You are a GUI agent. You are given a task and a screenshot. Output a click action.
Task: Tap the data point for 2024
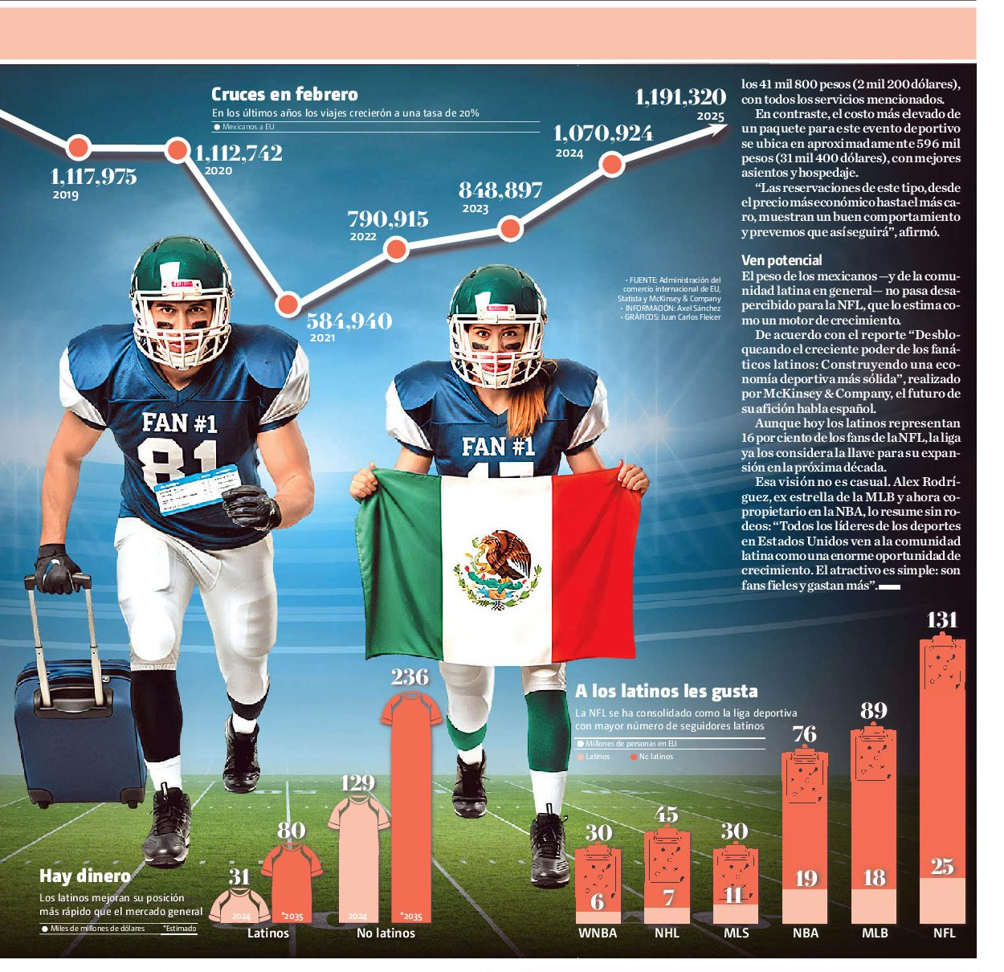[x=611, y=165]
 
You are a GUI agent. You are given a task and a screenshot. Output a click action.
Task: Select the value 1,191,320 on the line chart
[x=680, y=97]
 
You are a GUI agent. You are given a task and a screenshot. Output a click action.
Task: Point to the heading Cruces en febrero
[x=284, y=95]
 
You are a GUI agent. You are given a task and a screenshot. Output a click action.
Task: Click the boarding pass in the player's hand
[x=198, y=489]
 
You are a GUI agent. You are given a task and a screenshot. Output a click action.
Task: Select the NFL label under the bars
[x=944, y=933]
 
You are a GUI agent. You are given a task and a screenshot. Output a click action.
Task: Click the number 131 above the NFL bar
[x=941, y=619]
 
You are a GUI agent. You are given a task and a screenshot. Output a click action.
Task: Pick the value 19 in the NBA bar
[x=805, y=878]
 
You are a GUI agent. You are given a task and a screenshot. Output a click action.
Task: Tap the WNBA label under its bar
[x=597, y=933]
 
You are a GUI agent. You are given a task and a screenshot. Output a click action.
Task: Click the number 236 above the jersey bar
[x=410, y=677]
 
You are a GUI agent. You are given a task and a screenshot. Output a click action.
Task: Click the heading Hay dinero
[x=84, y=876]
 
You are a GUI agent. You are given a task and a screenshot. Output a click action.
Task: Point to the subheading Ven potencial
[x=782, y=260]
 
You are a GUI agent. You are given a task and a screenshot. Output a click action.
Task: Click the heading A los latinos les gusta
[x=666, y=691]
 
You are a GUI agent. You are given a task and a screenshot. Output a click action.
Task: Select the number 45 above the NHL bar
[x=666, y=815]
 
